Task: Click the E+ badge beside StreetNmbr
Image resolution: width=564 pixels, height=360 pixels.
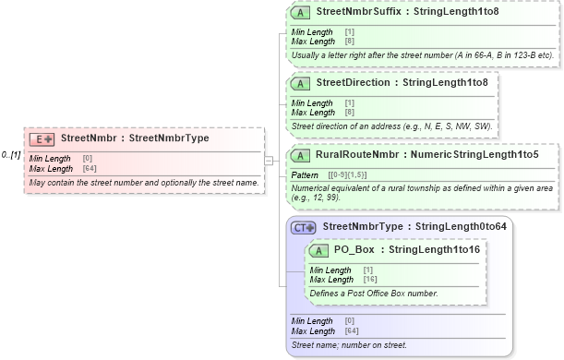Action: click(42, 138)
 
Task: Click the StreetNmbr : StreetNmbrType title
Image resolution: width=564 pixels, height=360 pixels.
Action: click(135, 138)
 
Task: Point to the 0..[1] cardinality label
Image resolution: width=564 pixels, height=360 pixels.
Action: click(12, 155)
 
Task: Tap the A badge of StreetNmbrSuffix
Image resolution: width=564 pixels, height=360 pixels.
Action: click(300, 14)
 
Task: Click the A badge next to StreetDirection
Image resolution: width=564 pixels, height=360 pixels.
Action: click(300, 82)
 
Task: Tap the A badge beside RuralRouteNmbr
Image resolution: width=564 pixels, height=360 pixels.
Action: click(300, 155)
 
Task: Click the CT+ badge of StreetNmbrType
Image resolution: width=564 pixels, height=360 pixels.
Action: click(304, 227)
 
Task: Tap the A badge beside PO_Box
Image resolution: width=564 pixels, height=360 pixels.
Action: click(318, 250)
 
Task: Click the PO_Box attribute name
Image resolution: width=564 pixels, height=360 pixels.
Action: click(354, 250)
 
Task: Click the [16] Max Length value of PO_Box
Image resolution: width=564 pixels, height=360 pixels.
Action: click(370, 279)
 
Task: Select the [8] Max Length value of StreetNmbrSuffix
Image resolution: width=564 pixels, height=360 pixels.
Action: click(349, 42)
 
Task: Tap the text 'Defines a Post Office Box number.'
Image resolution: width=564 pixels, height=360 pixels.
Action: click(374, 294)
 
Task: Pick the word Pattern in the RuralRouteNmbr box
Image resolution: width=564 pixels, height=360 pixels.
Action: click(305, 174)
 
